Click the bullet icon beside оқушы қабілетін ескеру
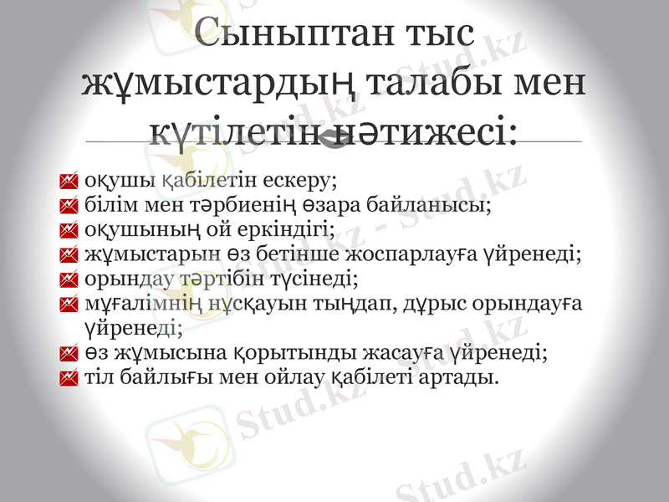[x=69, y=179]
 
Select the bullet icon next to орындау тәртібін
[x=69, y=276]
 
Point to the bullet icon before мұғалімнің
[x=69, y=300]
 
